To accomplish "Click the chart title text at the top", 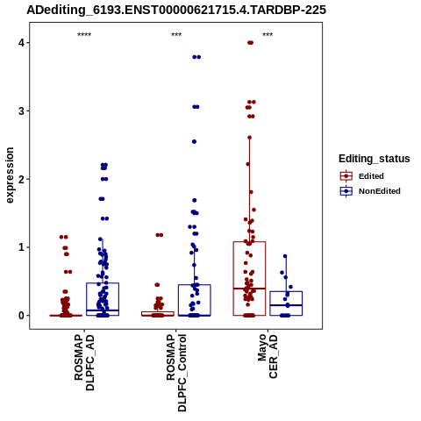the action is (176, 10).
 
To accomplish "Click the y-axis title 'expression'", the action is (10, 175).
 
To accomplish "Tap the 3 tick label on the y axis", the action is (21, 111).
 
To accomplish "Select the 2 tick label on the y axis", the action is (21, 179).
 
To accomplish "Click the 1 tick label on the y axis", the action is (21, 247).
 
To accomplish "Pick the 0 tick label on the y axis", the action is (21, 316).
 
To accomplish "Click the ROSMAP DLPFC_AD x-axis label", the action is (84, 362).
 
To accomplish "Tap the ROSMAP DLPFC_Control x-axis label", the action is (176, 373).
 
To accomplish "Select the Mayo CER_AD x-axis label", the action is (268, 356).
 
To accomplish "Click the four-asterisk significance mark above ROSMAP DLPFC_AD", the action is (84, 35).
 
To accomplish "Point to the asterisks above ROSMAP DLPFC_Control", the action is (176, 35).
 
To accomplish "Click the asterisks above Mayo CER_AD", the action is (268, 35).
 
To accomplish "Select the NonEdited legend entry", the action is (370, 191).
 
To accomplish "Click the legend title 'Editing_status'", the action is (375, 159).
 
